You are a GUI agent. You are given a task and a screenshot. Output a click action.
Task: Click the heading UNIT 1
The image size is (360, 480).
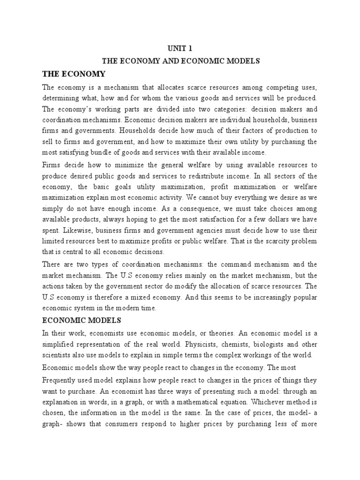180,48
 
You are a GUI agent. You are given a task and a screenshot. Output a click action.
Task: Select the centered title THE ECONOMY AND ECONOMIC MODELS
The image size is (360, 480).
180,61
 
